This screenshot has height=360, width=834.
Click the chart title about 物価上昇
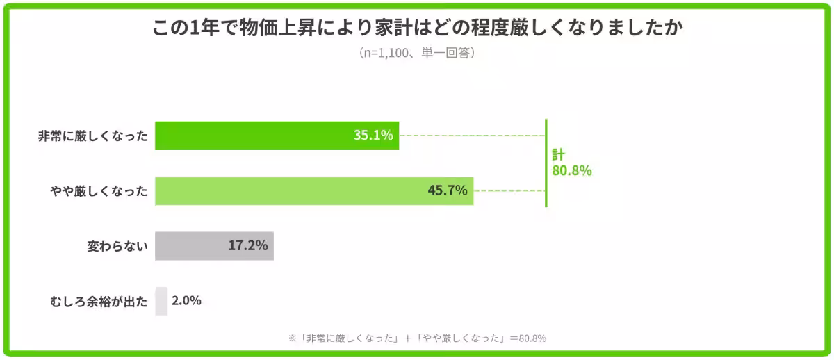coord(417,28)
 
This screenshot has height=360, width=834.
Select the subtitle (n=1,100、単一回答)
coord(417,54)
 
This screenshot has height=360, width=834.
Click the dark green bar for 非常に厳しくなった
coord(250,136)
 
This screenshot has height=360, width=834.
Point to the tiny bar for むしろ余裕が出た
coord(161,301)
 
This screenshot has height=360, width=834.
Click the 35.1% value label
coord(373,136)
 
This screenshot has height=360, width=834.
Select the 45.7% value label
coord(447,190)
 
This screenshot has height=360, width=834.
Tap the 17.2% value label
coord(247,245)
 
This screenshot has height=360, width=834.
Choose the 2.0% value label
coord(186,301)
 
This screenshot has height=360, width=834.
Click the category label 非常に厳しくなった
coord(93,136)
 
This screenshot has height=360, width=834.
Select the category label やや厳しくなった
coord(99,191)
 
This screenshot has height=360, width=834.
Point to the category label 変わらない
coord(117,246)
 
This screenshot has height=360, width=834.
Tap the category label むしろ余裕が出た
coord(99,302)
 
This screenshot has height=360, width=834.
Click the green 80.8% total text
coord(571,171)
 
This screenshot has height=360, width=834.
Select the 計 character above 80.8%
coord(558,154)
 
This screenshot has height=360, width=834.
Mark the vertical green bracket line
coord(546,163)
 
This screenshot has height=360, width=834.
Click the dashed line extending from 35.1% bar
coord(473,136)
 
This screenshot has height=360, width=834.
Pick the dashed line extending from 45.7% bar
coord(509,190)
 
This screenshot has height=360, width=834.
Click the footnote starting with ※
coord(417,338)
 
